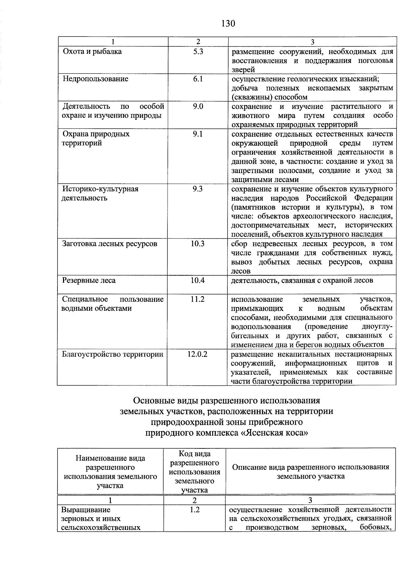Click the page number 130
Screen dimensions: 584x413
tap(228, 23)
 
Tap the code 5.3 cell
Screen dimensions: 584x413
tap(198, 52)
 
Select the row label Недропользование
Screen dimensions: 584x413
tap(95, 79)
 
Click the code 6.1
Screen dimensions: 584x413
tap(198, 79)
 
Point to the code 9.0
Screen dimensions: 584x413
tap(198, 106)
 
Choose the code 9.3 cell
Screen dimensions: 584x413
tap(198, 189)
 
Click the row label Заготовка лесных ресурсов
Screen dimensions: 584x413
tap(109, 244)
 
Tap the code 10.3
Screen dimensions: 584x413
tap(198, 244)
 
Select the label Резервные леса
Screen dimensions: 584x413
tap(89, 280)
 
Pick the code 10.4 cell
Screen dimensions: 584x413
tap(198, 280)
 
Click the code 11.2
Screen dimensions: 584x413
tap(198, 299)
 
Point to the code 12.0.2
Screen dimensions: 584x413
tap(197, 354)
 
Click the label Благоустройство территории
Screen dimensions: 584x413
tap(112, 354)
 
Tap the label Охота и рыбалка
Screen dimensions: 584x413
tap(92, 52)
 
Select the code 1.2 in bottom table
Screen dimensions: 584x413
tap(194, 510)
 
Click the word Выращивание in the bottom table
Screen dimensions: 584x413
tap(86, 510)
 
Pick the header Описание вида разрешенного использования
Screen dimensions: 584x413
tap(310, 467)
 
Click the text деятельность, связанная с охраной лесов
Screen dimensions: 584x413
tap(302, 280)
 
